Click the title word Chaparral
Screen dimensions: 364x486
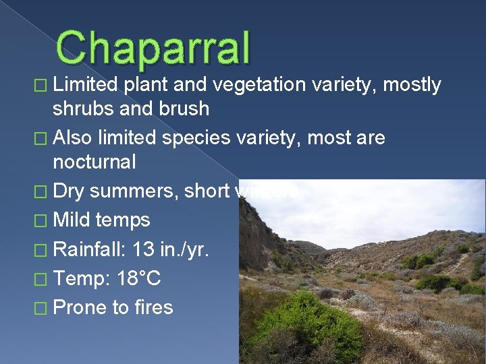(153, 49)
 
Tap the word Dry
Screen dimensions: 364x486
(69, 192)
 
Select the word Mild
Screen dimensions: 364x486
(72, 220)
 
